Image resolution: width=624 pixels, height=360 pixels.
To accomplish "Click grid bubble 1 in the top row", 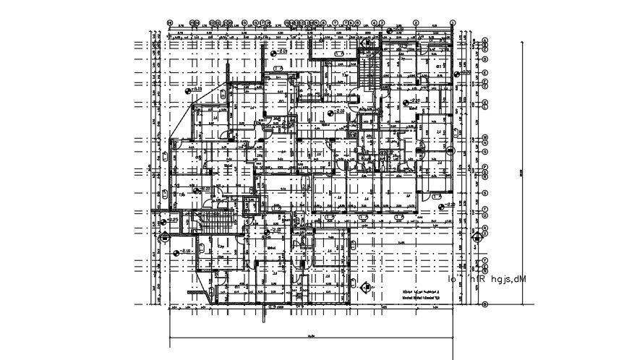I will coord(452,22).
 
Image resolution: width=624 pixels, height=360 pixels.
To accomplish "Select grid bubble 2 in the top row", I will coord(416,22).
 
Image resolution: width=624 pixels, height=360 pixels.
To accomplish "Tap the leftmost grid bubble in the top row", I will coord(169,22).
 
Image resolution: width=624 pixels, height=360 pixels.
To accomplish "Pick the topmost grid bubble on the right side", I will coord(484,40).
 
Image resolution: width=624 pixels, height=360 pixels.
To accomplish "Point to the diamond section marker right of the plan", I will coord(476,238).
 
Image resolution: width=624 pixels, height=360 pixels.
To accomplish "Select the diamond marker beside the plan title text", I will coord(364,288).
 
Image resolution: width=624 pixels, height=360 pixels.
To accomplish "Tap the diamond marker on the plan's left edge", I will coord(166,235).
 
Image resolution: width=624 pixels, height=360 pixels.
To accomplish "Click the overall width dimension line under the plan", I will coord(311,338).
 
